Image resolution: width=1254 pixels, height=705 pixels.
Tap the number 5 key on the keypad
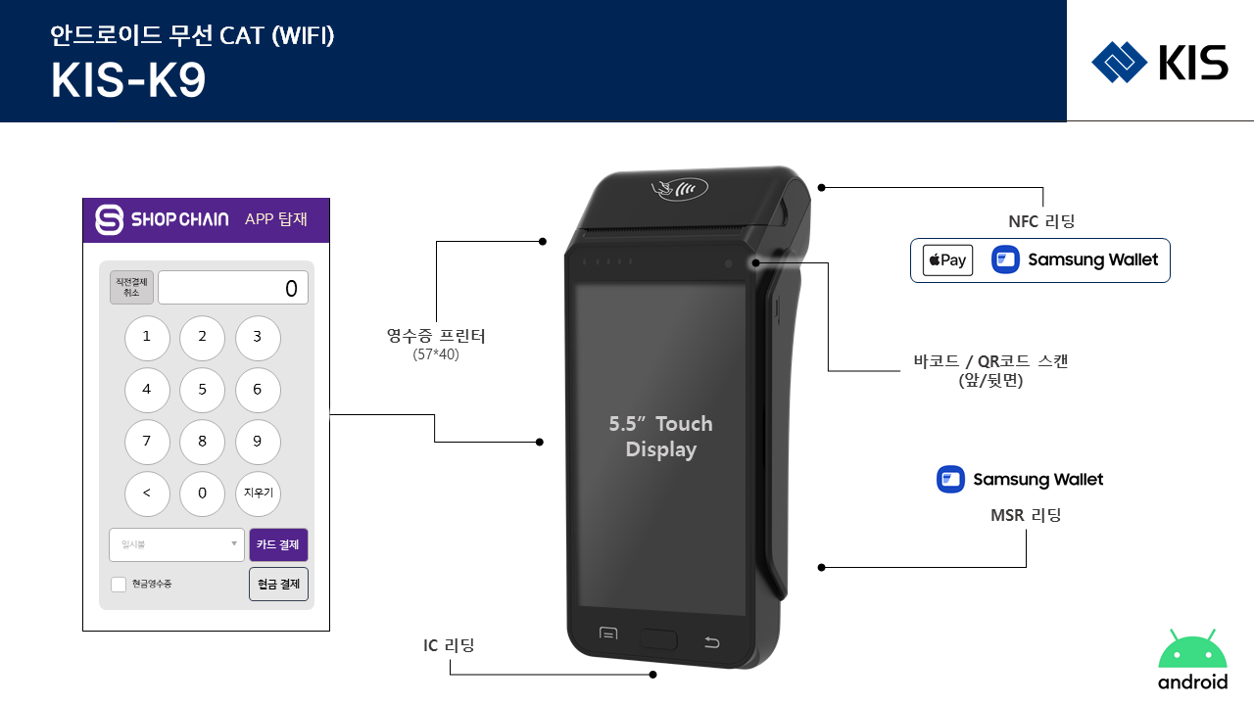pos(202,390)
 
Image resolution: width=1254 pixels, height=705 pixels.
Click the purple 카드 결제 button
pos(279,544)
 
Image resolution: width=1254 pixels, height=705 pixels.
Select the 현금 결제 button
pos(279,584)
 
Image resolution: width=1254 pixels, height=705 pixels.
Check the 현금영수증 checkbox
pos(119,585)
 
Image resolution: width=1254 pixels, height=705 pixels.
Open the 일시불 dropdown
pos(176,544)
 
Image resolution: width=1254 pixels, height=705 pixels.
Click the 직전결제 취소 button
pos(131,288)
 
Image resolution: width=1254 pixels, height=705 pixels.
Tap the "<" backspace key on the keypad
pos(147,493)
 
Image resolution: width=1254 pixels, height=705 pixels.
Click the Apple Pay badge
pos(947,260)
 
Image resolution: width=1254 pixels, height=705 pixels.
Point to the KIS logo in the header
pos(1160,63)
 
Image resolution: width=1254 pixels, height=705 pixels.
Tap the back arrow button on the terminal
pos(712,642)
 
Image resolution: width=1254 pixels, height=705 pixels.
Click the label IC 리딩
pos(449,645)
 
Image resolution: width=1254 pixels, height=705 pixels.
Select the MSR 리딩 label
pos(1026,515)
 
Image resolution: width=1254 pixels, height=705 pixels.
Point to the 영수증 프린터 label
pos(436,337)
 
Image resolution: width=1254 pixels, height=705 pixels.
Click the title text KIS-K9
pos(128,82)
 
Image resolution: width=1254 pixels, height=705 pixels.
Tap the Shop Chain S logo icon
pos(110,219)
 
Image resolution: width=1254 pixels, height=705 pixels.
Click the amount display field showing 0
pos(233,288)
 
